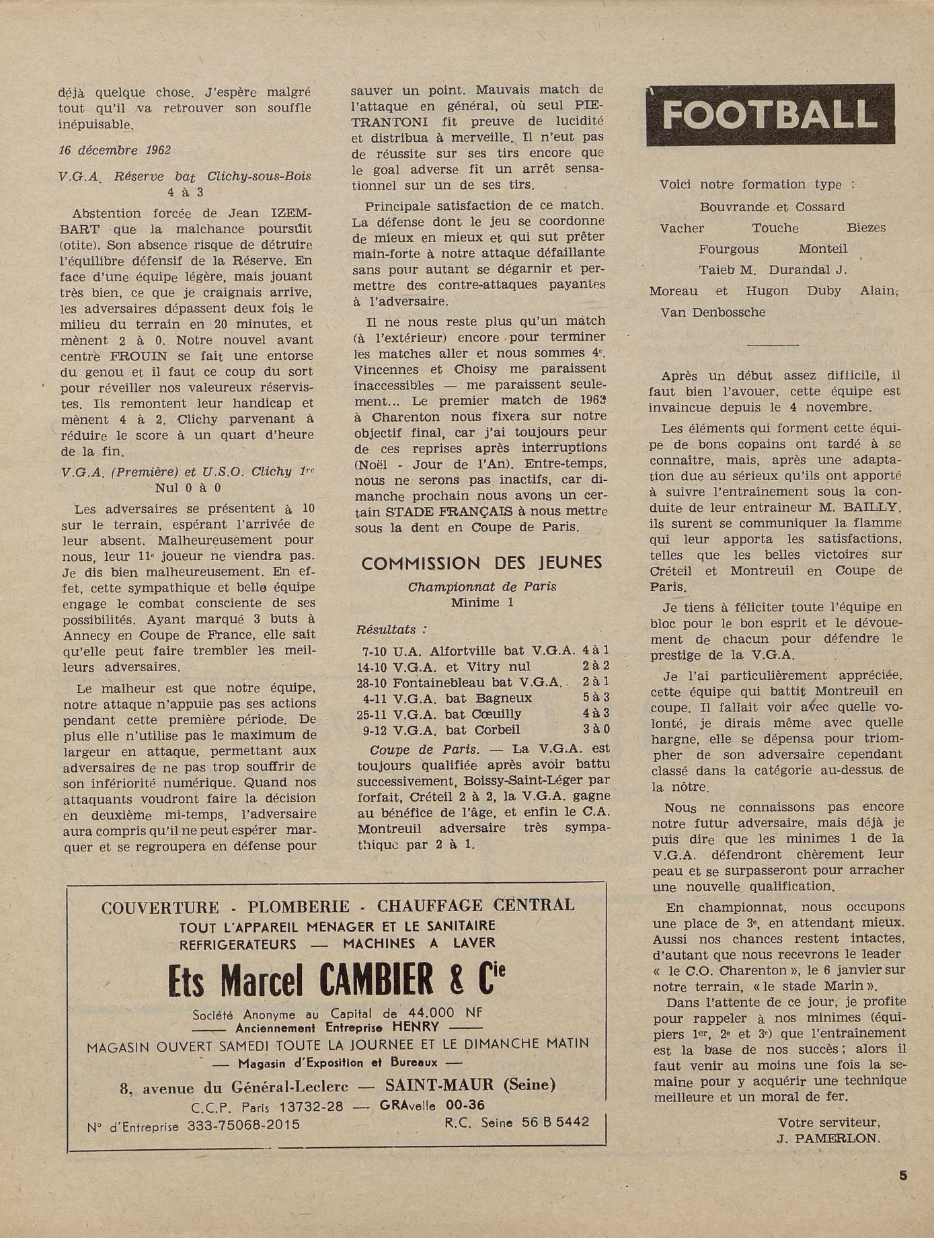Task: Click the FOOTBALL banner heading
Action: (x=770, y=116)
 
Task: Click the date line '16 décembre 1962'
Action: (x=114, y=151)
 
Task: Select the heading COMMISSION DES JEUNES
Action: (x=481, y=564)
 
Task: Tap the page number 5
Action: (x=903, y=1175)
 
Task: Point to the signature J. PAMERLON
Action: (x=828, y=1138)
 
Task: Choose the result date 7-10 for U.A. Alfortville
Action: (x=373, y=650)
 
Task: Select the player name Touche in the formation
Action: (x=775, y=228)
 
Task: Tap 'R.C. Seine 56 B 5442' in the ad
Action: (x=516, y=1122)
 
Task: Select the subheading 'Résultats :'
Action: (x=391, y=630)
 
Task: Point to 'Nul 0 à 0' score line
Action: (x=188, y=488)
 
